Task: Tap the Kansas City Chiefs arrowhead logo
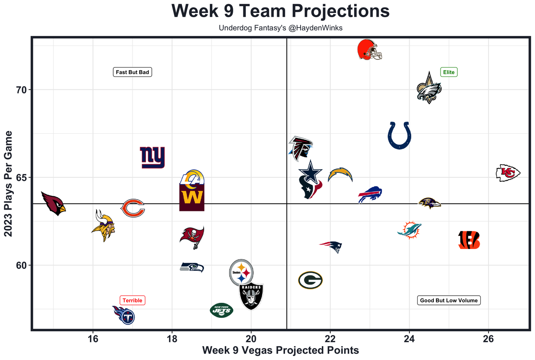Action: click(508, 172)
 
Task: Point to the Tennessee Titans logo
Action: click(124, 315)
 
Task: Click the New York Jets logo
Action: click(222, 310)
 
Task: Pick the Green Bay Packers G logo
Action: click(310, 280)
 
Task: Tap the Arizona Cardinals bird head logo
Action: click(53, 203)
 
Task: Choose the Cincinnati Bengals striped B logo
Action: click(469, 240)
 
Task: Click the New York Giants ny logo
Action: click(152, 157)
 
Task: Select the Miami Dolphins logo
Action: click(409, 230)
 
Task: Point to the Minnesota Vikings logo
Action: click(103, 226)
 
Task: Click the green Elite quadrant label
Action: click(449, 72)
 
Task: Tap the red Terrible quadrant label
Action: click(132, 300)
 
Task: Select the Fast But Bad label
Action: click(132, 72)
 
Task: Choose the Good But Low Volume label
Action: click(449, 300)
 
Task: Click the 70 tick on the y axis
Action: click(21, 90)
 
